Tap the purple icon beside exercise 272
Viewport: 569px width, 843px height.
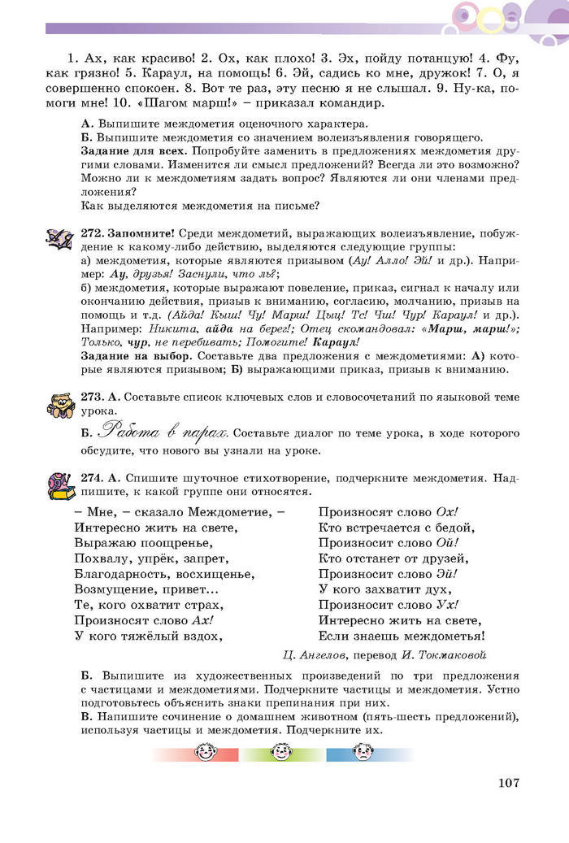click(60, 239)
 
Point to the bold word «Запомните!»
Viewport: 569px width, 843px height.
click(141, 233)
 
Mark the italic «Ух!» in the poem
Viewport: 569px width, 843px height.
click(445, 604)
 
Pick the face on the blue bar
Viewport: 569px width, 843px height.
click(360, 754)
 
